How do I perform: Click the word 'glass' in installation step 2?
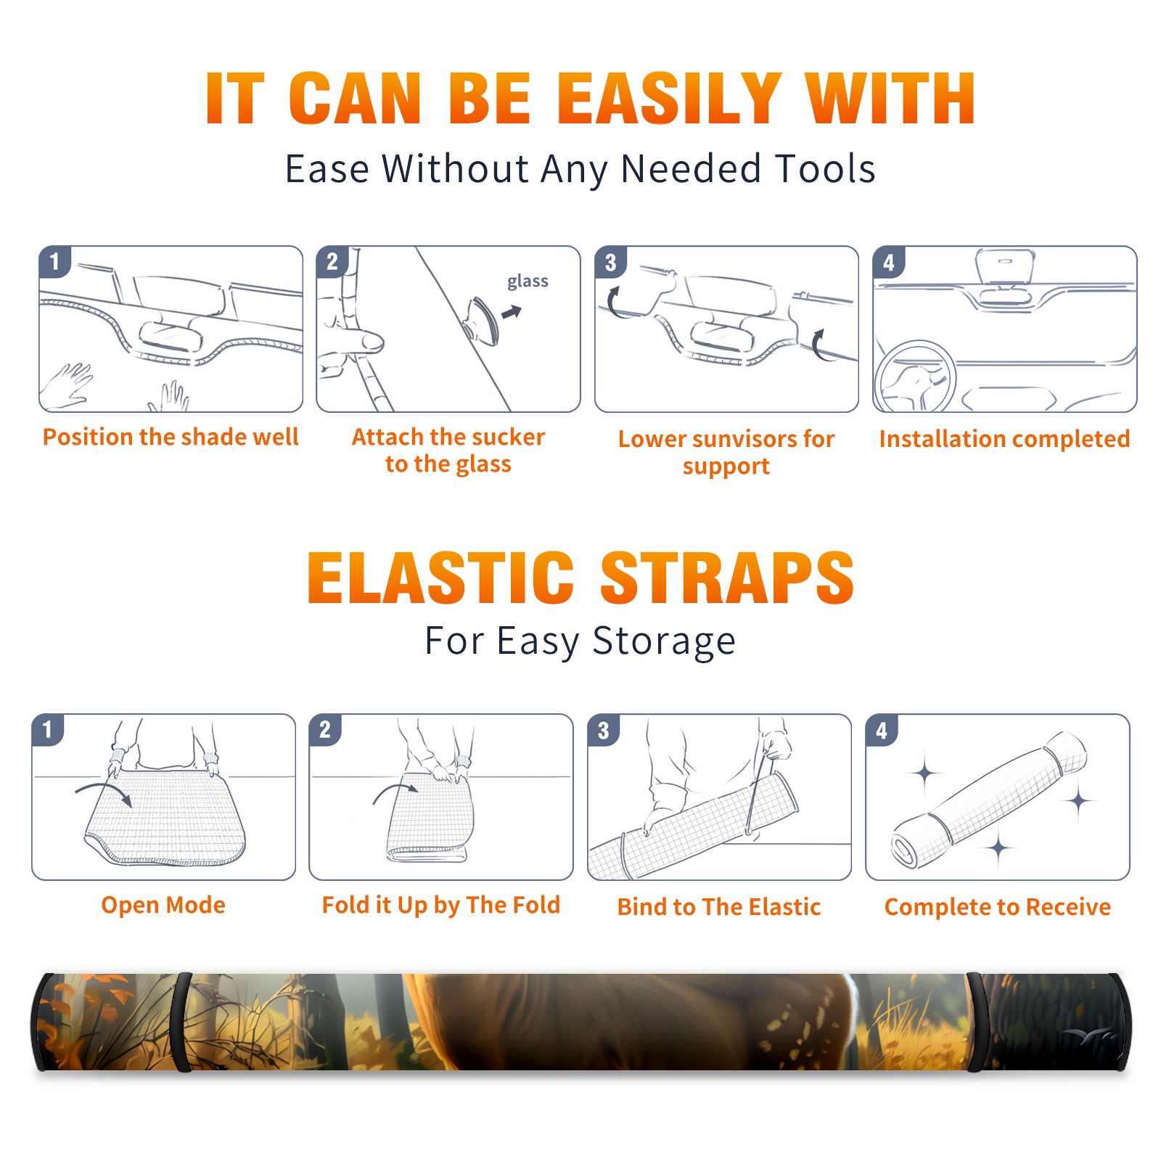528,282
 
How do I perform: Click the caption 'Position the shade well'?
171,437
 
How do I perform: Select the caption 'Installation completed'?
1004,438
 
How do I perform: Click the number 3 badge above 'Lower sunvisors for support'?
610,262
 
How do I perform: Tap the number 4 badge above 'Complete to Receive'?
881,730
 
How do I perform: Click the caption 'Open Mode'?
163,905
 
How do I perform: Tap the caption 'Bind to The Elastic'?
719,907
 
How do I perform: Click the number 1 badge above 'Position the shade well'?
54,262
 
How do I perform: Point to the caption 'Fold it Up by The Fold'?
441,905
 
